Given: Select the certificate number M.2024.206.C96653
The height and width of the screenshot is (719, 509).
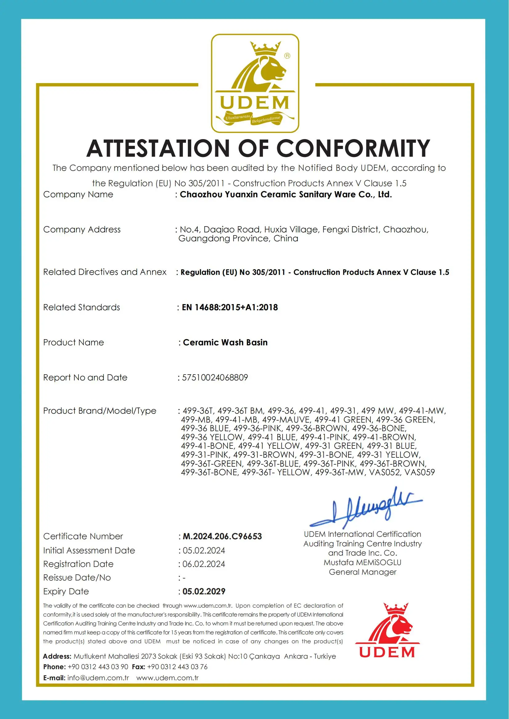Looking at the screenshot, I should point(222,536).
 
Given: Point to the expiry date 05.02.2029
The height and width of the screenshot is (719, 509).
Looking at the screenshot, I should point(204,592).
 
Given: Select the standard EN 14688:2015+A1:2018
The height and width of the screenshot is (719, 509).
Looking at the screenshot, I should point(230,307).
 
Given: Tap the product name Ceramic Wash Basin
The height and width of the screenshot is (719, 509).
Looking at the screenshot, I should point(225,343).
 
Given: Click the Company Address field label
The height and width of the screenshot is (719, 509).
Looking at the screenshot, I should point(82,230).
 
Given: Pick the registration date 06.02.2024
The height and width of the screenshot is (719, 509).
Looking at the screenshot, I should point(204,564).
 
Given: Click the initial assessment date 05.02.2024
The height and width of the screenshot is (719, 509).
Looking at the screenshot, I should point(204,550).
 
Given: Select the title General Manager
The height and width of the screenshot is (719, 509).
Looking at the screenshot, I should point(363,572).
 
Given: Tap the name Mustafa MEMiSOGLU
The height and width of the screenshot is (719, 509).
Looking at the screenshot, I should point(363,563).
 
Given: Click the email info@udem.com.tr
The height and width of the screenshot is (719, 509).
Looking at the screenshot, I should point(98,678).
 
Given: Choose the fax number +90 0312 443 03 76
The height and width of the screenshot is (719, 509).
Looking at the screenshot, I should point(177,667).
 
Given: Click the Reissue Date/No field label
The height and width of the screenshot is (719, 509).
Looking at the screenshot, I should point(77,578).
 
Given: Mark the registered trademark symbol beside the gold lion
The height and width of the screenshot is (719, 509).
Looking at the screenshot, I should point(287,56).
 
